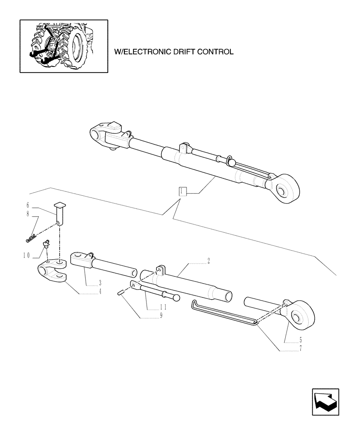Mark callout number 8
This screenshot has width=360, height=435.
click(27, 214)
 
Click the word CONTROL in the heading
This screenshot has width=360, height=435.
click(214, 52)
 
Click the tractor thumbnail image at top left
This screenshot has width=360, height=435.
click(63, 46)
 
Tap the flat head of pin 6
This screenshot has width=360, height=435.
click(59, 204)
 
